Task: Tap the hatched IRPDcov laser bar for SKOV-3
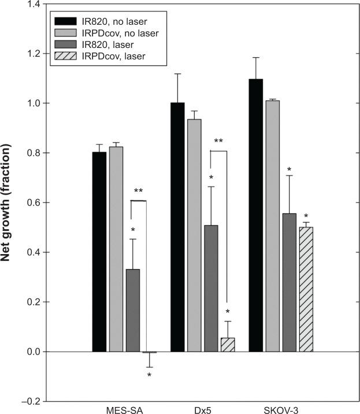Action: pos(306,289)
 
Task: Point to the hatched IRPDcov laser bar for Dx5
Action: pos(228,345)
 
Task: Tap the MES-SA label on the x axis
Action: pos(124,411)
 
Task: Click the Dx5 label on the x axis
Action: pos(203,411)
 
